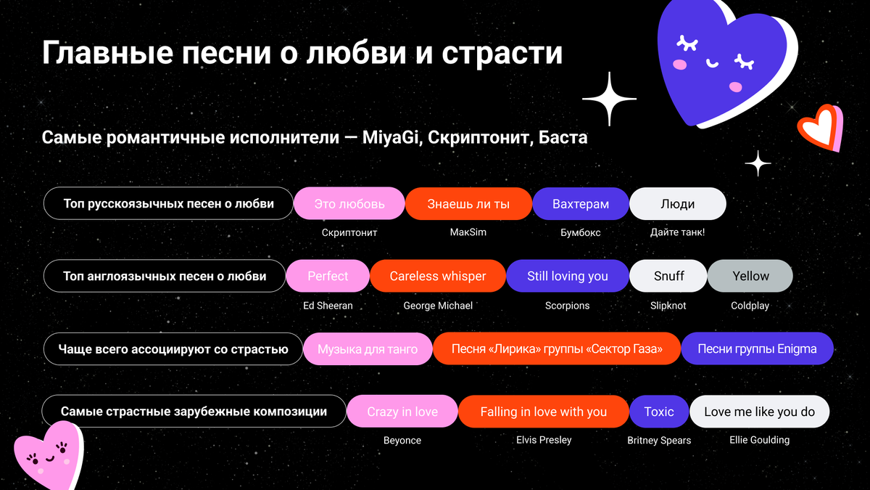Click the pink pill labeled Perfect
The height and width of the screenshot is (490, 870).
click(328, 276)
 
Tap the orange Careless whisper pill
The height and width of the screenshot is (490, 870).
click(437, 276)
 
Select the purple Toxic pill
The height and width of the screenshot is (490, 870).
click(658, 412)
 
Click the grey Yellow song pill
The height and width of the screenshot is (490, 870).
click(750, 276)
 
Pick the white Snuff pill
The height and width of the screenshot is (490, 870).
click(668, 276)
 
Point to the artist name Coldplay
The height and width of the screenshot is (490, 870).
click(750, 306)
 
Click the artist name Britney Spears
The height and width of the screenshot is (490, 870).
click(659, 440)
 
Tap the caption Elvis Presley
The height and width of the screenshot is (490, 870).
click(544, 439)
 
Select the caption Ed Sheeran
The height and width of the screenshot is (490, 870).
click(328, 306)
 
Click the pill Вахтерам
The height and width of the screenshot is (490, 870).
click(580, 204)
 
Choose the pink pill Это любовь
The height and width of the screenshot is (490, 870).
click(349, 204)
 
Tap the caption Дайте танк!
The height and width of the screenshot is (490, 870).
click(677, 232)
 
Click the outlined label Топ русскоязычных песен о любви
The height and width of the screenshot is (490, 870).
click(168, 204)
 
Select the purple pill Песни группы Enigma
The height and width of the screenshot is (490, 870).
click(757, 349)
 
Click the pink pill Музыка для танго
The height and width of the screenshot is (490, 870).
click(368, 349)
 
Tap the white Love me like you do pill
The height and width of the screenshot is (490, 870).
click(759, 412)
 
